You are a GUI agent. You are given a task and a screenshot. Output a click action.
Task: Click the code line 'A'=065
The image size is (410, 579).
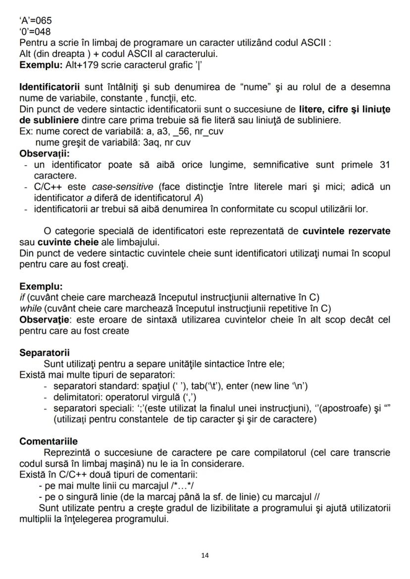click(35, 21)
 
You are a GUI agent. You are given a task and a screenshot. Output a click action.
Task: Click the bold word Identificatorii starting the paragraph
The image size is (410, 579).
click(50, 87)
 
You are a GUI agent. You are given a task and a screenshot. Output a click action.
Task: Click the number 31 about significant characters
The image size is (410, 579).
click(384, 164)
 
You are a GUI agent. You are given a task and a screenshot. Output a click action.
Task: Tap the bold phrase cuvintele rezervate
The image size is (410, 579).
click(346, 231)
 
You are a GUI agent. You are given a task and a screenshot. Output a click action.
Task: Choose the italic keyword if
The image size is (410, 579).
click(22, 297)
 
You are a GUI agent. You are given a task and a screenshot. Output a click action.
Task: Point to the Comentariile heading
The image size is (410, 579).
click(49, 441)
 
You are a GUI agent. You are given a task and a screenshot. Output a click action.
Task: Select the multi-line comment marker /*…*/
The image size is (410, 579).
click(185, 486)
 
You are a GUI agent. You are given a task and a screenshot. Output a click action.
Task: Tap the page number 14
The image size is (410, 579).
click(205, 555)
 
